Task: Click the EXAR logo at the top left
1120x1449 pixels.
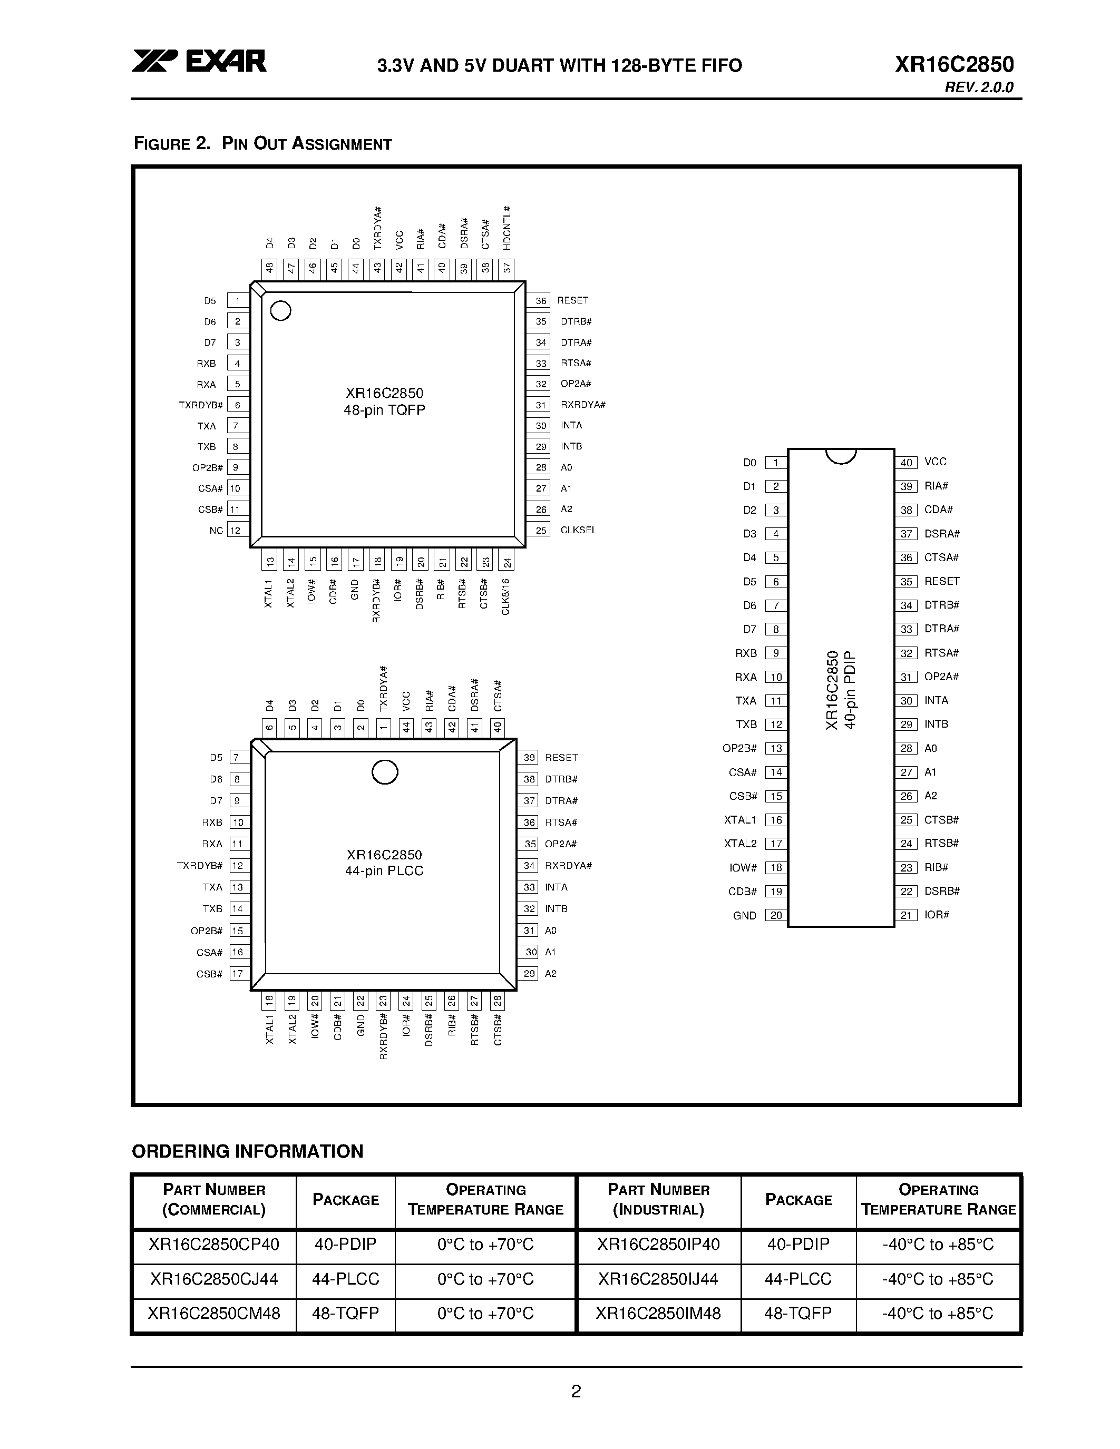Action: (199, 61)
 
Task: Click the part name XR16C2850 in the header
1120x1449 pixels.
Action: (953, 64)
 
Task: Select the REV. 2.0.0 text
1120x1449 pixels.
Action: (979, 87)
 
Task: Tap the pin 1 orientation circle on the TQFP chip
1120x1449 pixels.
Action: (281, 310)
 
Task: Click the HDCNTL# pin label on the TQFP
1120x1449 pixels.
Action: (507, 228)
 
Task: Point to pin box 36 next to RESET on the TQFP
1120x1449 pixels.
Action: (541, 300)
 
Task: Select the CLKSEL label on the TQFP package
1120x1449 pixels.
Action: (578, 530)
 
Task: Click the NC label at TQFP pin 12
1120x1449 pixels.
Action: (216, 531)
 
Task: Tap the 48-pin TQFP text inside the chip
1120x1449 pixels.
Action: (384, 410)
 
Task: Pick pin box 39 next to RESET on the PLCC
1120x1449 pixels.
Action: (529, 758)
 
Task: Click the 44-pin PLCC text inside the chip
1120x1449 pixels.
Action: (384, 871)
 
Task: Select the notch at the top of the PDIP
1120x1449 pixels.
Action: (841, 456)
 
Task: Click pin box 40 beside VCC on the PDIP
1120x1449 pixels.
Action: (907, 463)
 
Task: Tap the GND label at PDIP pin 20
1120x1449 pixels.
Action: (744, 916)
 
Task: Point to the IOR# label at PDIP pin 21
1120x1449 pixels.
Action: (936, 915)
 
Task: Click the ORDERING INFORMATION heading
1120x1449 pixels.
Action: (248, 1151)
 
